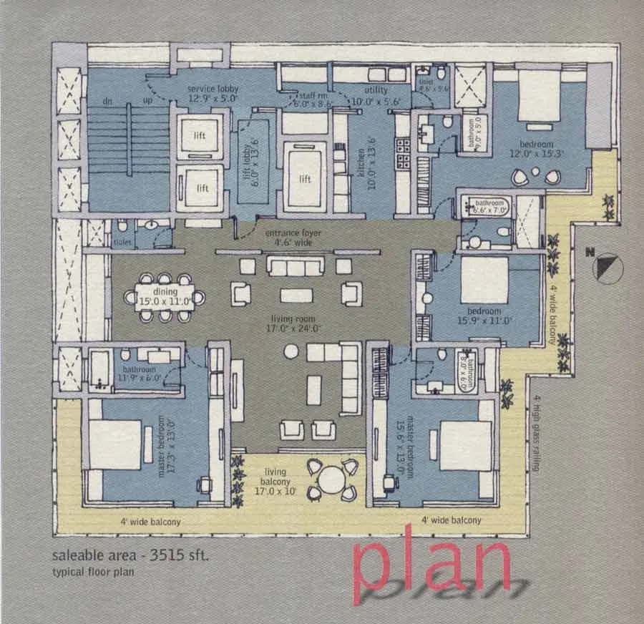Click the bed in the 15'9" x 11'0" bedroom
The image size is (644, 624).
pyautogui.click(x=484, y=280)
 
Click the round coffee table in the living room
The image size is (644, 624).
pyautogui.click(x=291, y=351)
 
